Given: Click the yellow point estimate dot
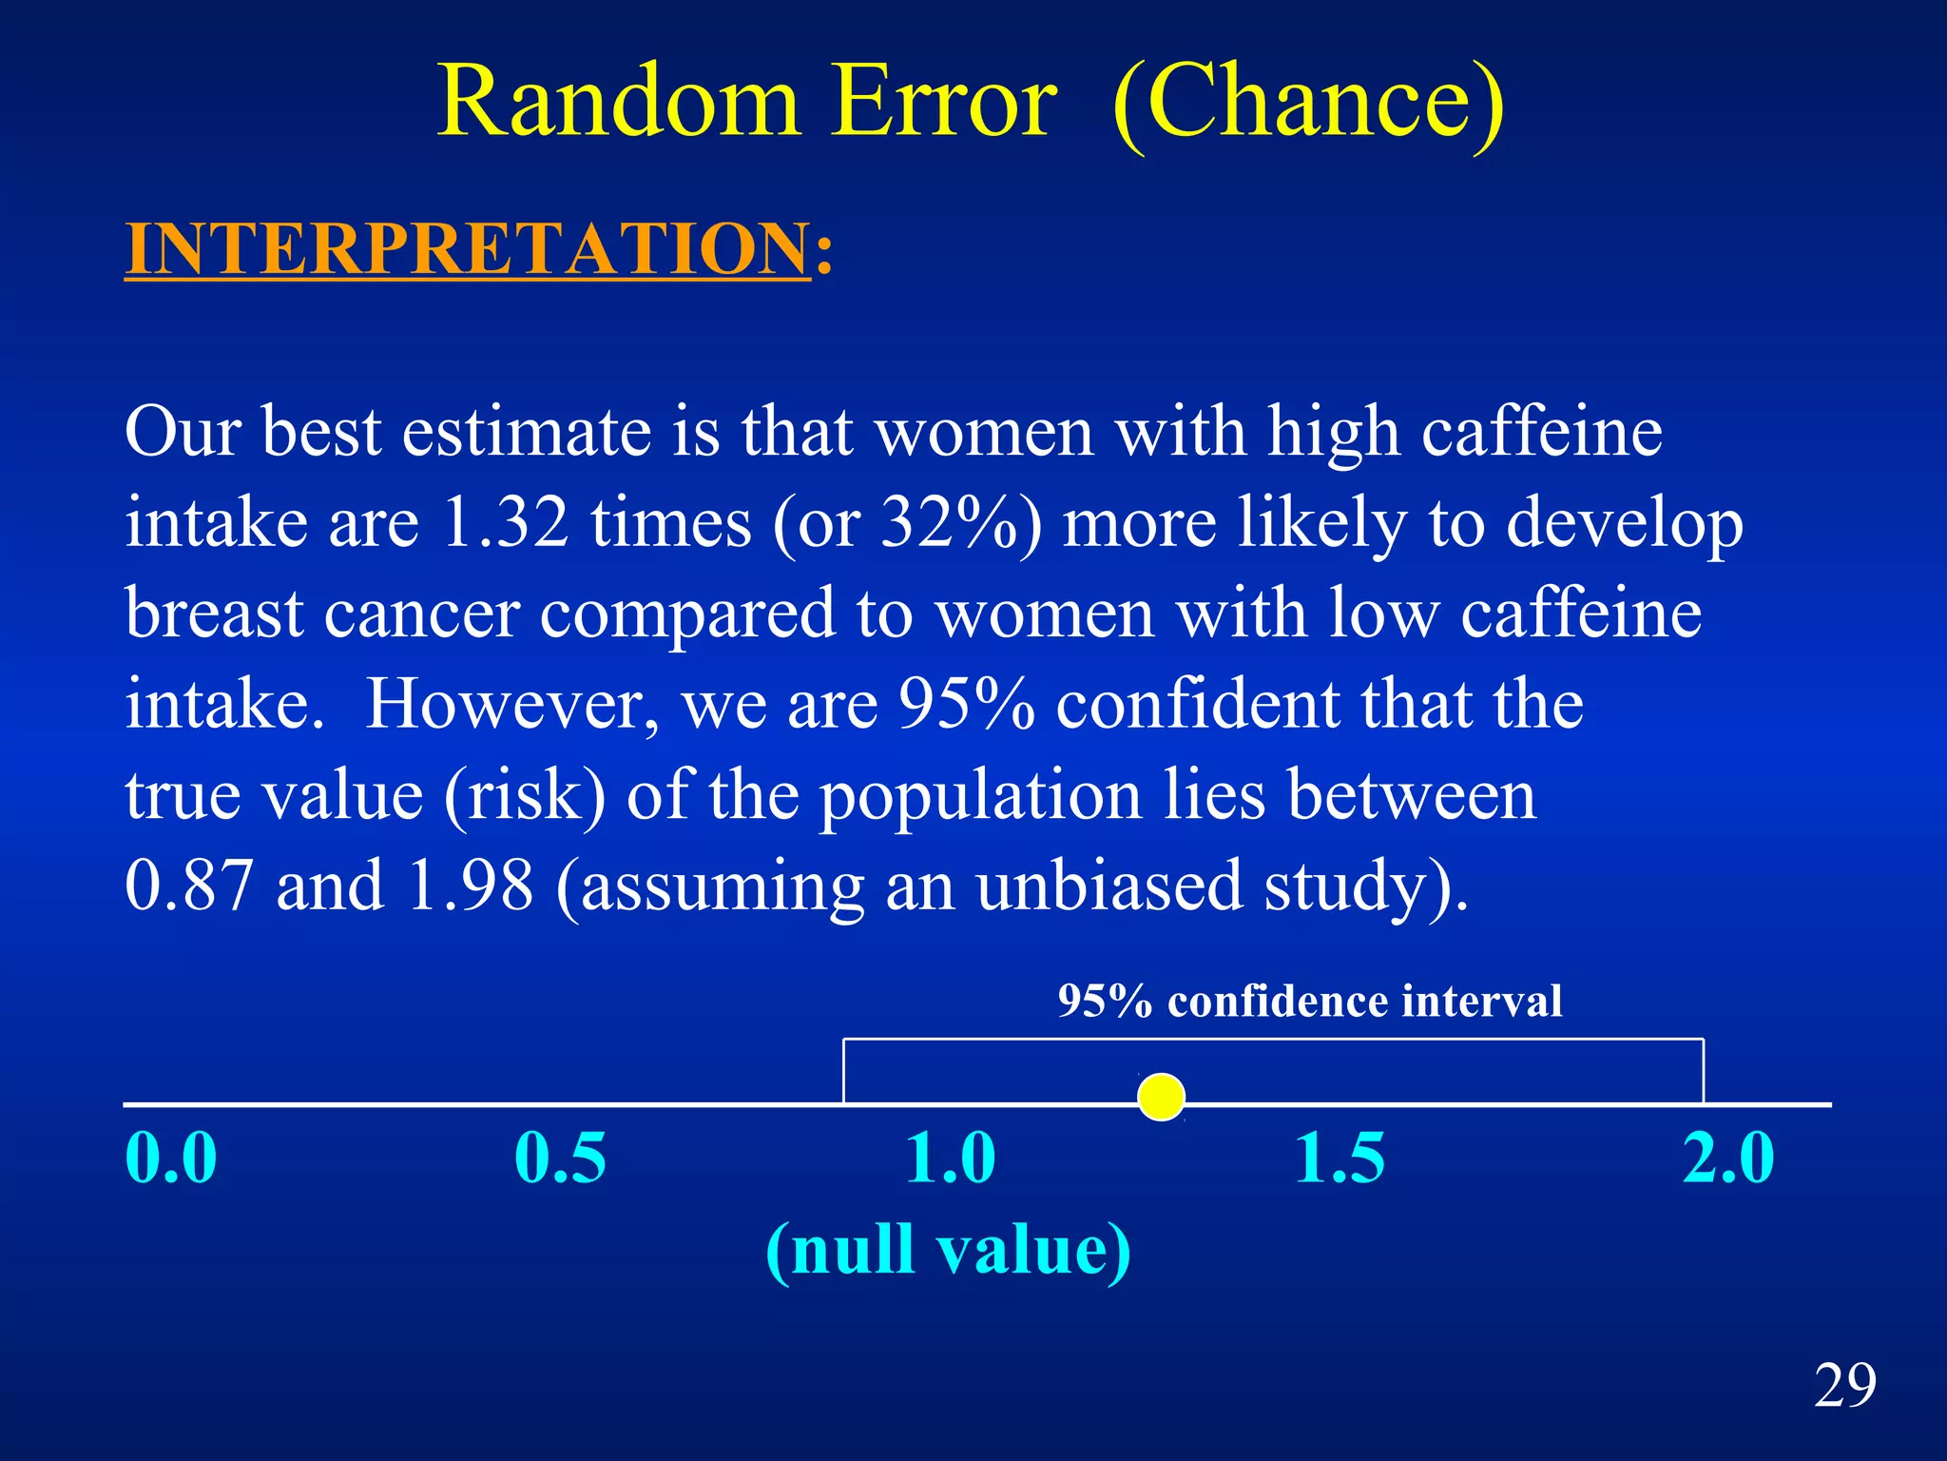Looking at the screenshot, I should click(1161, 1097).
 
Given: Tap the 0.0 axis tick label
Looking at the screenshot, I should click(171, 1159).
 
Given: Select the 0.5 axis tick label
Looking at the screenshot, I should click(560, 1159).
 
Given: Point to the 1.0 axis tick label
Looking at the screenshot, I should click(950, 1159).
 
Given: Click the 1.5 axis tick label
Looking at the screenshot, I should click(1340, 1159).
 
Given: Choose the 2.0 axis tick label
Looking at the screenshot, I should click(1728, 1159).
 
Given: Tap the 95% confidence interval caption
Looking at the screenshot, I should click(1309, 1001).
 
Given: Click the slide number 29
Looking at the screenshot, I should click(1844, 1385).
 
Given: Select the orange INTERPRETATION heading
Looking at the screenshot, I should click(468, 249).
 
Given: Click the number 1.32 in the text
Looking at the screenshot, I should click(505, 523).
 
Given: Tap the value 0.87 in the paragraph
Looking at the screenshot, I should click(189, 886).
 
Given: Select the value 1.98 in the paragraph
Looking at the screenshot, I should click(470, 886).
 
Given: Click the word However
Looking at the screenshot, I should click(511, 705).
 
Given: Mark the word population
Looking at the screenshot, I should click(980, 795).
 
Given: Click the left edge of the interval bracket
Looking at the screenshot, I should click(844, 1071).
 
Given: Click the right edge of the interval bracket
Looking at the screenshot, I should click(1703, 1071).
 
